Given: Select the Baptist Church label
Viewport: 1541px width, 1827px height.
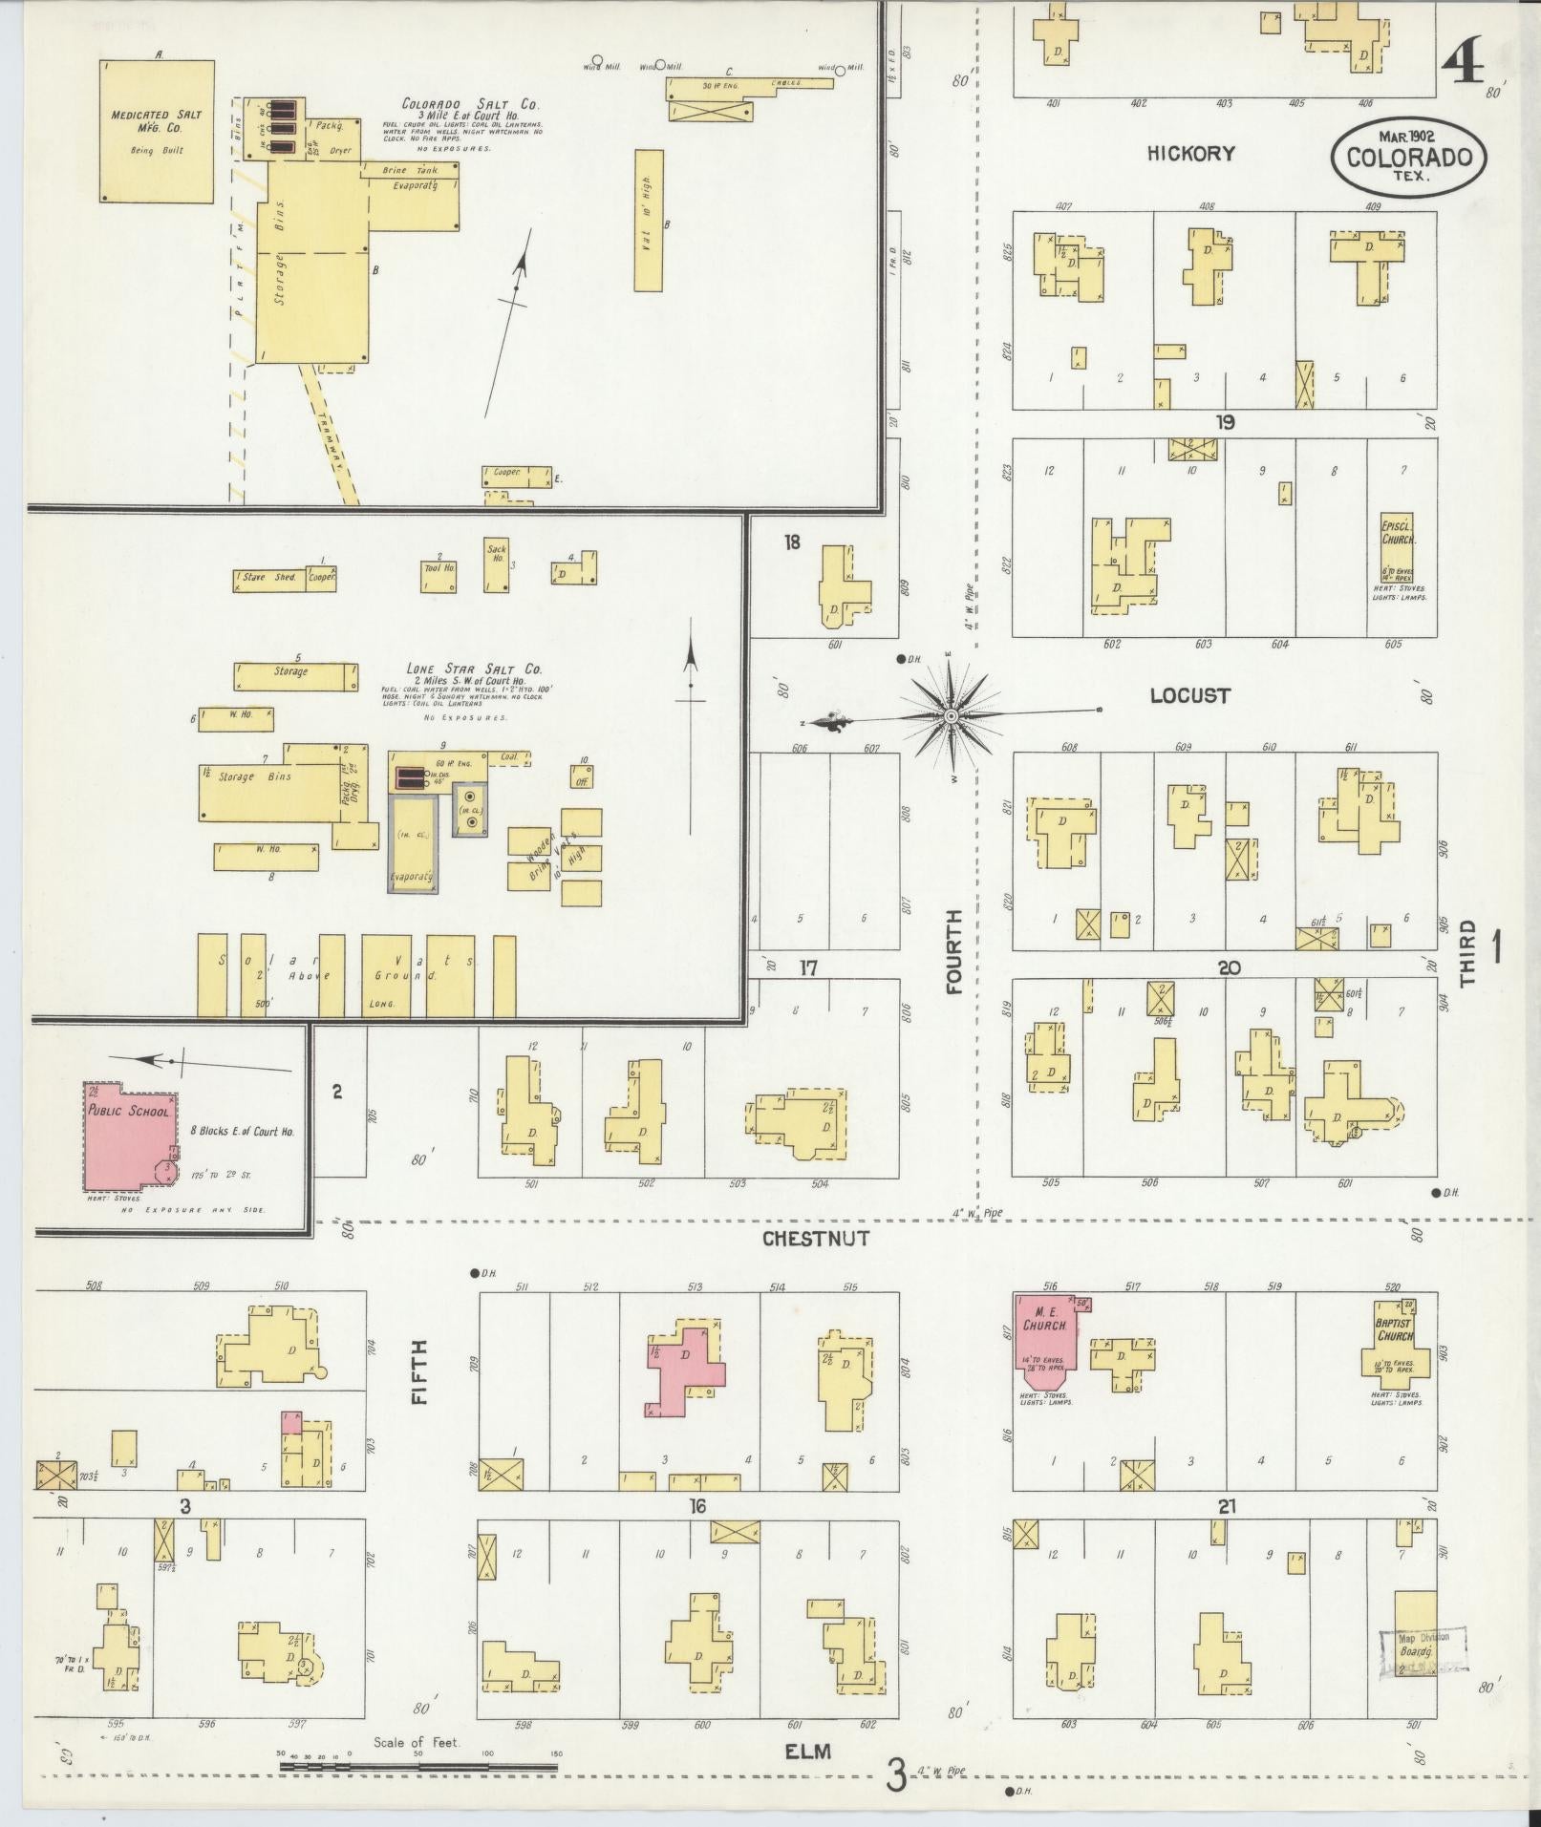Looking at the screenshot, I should pyautogui.click(x=1395, y=1328).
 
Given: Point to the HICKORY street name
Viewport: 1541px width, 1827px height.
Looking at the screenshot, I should pyautogui.click(x=1191, y=153).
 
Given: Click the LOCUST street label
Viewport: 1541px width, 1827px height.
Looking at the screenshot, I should pyautogui.click(x=1189, y=695).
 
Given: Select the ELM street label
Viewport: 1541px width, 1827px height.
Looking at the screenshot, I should pyautogui.click(x=808, y=1751).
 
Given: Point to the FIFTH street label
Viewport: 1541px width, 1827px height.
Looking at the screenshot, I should pyautogui.click(x=419, y=1371).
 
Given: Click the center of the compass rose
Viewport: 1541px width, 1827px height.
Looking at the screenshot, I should pyautogui.click(x=952, y=716).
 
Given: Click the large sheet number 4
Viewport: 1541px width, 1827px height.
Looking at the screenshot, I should pyautogui.click(x=1463, y=68).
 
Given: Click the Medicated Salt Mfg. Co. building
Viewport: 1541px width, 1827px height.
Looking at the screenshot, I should pyautogui.click(x=158, y=132).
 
